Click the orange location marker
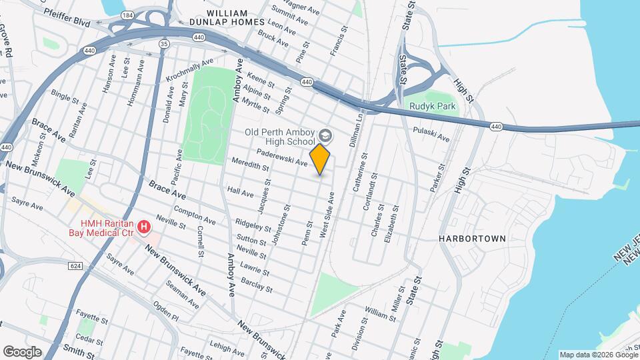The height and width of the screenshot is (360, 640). pyautogui.click(x=321, y=159)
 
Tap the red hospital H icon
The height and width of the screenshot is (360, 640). pyautogui.click(x=143, y=229)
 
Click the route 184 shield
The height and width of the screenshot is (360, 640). pyautogui.click(x=127, y=14)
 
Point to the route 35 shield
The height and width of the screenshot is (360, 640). pyautogui.click(x=164, y=43)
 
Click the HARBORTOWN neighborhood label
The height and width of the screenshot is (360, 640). pyautogui.click(x=473, y=238)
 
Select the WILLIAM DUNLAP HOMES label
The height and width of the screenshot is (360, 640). pyautogui.click(x=227, y=18)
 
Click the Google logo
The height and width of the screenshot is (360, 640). pyautogui.click(x=22, y=352)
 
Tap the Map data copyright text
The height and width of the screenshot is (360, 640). pyautogui.click(x=598, y=355)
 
